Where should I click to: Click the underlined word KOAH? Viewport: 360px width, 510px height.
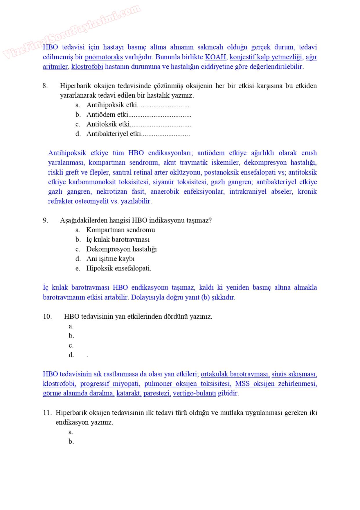pyautogui.click(x=215, y=57)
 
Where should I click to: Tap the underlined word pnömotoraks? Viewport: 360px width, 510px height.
pyautogui.click(x=104, y=57)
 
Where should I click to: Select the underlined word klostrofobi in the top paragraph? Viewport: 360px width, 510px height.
pyautogui.click(x=87, y=66)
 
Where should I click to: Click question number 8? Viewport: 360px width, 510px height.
pyautogui.click(x=45, y=86)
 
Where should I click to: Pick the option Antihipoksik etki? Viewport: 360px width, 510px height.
pyautogui.click(x=111, y=105)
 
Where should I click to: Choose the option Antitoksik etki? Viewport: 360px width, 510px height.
pyautogui.click(x=108, y=124)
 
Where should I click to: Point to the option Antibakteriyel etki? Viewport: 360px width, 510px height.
pyautogui.click(x=114, y=134)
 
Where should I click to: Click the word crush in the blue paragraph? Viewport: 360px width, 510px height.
pyautogui.click(x=309, y=153)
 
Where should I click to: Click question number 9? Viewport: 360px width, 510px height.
pyautogui.click(x=45, y=220)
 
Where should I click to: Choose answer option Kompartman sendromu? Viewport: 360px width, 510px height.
pyautogui.click(x=120, y=230)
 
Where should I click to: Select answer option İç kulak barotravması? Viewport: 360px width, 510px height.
pyautogui.click(x=118, y=240)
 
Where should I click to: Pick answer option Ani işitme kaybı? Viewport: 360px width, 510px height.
pyautogui.click(x=110, y=259)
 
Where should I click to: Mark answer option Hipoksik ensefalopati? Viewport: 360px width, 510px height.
pyautogui.click(x=119, y=268)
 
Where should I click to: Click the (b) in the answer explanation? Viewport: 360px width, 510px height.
pyautogui.click(x=205, y=297)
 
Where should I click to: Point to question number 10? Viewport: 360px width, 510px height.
pyautogui.click(x=47, y=317)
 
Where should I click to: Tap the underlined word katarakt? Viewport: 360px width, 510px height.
pyautogui.click(x=129, y=393)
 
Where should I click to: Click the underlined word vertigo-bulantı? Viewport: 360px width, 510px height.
pyautogui.click(x=195, y=393)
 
